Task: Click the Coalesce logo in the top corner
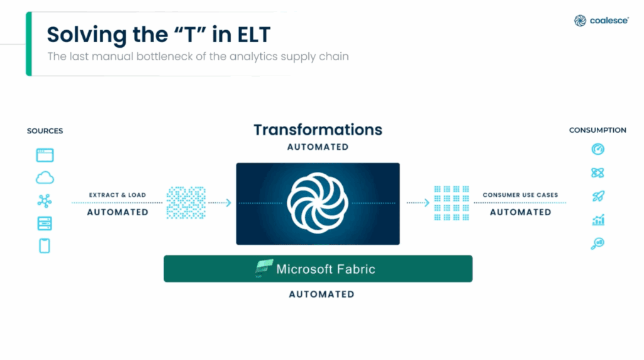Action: click(601, 21)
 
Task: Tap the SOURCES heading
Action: click(45, 131)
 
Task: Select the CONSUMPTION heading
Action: click(597, 130)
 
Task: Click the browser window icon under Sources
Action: click(45, 155)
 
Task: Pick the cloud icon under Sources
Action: click(45, 178)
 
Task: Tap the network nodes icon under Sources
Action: click(45, 201)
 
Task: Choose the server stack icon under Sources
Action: click(45, 223)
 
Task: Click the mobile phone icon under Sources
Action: click(45, 246)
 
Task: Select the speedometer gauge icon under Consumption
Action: click(597, 149)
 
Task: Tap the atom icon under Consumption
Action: click(597, 172)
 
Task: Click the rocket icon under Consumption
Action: click(597, 196)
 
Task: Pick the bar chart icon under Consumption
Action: click(597, 220)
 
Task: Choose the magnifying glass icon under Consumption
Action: click(597, 244)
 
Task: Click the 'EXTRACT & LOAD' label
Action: click(117, 195)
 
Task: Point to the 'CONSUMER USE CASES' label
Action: click(520, 195)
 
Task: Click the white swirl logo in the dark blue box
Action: click(318, 203)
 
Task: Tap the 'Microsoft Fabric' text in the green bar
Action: click(326, 269)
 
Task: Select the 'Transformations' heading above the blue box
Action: click(318, 130)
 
